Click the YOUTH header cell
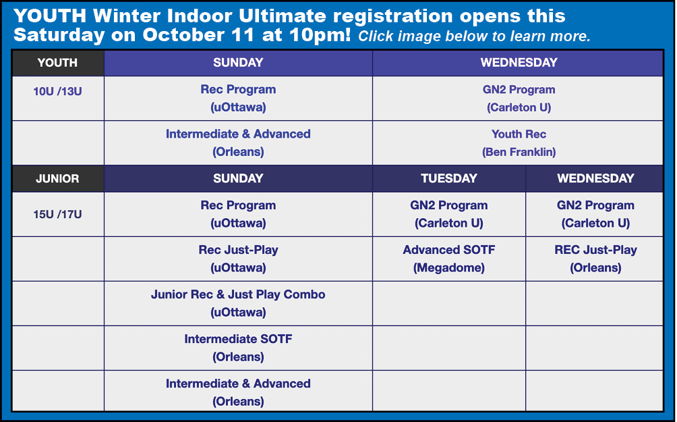pyautogui.click(x=58, y=63)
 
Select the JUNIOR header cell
pyautogui.click(x=58, y=178)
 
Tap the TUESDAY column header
pyautogui.click(x=449, y=178)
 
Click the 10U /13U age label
pyautogui.click(x=57, y=91)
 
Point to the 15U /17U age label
pyautogui.click(x=57, y=214)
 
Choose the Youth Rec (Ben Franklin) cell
pyautogui.click(x=519, y=142)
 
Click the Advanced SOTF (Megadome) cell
pyautogui.click(x=449, y=259)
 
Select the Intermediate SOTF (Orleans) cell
pyautogui.click(x=238, y=348)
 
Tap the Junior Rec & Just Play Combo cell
pyautogui.click(x=238, y=303)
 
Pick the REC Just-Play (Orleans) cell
pyautogui.click(x=595, y=259)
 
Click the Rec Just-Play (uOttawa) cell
pyautogui.click(x=238, y=259)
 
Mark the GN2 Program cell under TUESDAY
pyautogui.click(x=449, y=214)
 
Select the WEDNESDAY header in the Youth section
pyautogui.click(x=519, y=63)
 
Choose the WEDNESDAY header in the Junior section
pyautogui.click(x=595, y=178)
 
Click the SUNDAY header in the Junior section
pyautogui.click(x=238, y=178)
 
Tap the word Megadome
pyautogui.click(x=449, y=268)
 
